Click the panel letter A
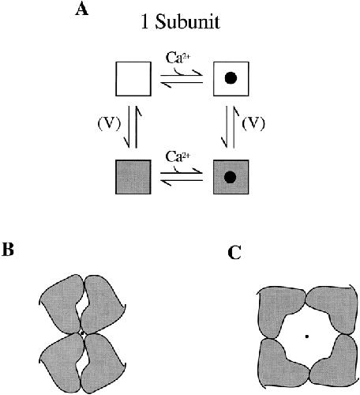pyautogui.click(x=81, y=9)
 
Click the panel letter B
pyautogui.click(x=8, y=250)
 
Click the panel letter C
pyautogui.click(x=234, y=253)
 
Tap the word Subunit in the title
pyautogui.click(x=187, y=22)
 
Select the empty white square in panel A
pyautogui.click(x=133, y=79)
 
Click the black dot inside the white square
pyautogui.click(x=231, y=78)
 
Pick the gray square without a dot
pyautogui.click(x=133, y=177)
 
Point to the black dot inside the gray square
pyautogui.click(x=231, y=177)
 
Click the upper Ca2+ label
pyautogui.click(x=178, y=58)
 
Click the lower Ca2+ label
pyautogui.click(x=178, y=157)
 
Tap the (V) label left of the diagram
pyautogui.click(x=109, y=124)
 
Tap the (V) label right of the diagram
pyautogui.click(x=253, y=124)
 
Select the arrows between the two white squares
pyautogui.click(x=182, y=79)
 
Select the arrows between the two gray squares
pyautogui.click(x=182, y=177)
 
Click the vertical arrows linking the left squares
pyautogui.click(x=133, y=127)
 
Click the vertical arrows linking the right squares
pyautogui.click(x=231, y=127)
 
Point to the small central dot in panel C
pyautogui.click(x=306, y=337)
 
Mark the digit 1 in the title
pyautogui.click(x=144, y=22)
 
